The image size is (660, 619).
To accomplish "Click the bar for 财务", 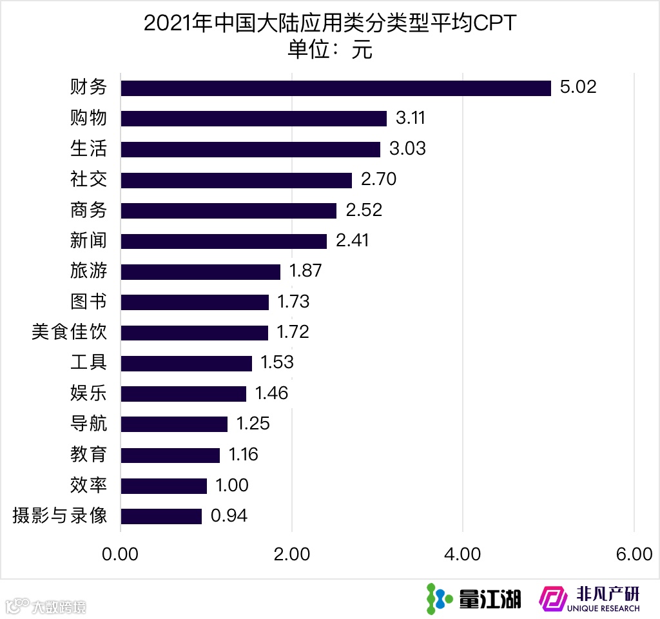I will click(335, 88).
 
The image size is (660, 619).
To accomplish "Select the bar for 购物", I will click(253, 119).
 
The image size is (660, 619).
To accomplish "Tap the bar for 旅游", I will click(200, 271).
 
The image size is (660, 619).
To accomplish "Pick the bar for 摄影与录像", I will click(161, 516).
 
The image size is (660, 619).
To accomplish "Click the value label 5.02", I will click(578, 87).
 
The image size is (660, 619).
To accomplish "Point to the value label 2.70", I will click(378, 180).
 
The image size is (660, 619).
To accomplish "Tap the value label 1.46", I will click(271, 393).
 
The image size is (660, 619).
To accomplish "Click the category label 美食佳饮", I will click(69, 333).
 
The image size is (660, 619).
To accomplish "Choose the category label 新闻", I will click(88, 241).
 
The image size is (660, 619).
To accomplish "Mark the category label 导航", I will click(88, 424).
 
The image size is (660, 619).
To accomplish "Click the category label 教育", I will click(88, 455).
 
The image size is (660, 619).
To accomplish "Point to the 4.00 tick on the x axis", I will click(463, 555).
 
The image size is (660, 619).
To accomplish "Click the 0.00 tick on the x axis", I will click(121, 555).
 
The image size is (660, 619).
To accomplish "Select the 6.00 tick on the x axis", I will click(634, 555).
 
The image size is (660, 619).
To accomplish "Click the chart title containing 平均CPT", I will click(330, 24).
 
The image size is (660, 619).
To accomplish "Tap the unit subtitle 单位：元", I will click(330, 50).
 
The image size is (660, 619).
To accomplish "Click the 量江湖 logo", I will click(474, 599).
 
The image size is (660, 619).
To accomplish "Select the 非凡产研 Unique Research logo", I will click(590, 599).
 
